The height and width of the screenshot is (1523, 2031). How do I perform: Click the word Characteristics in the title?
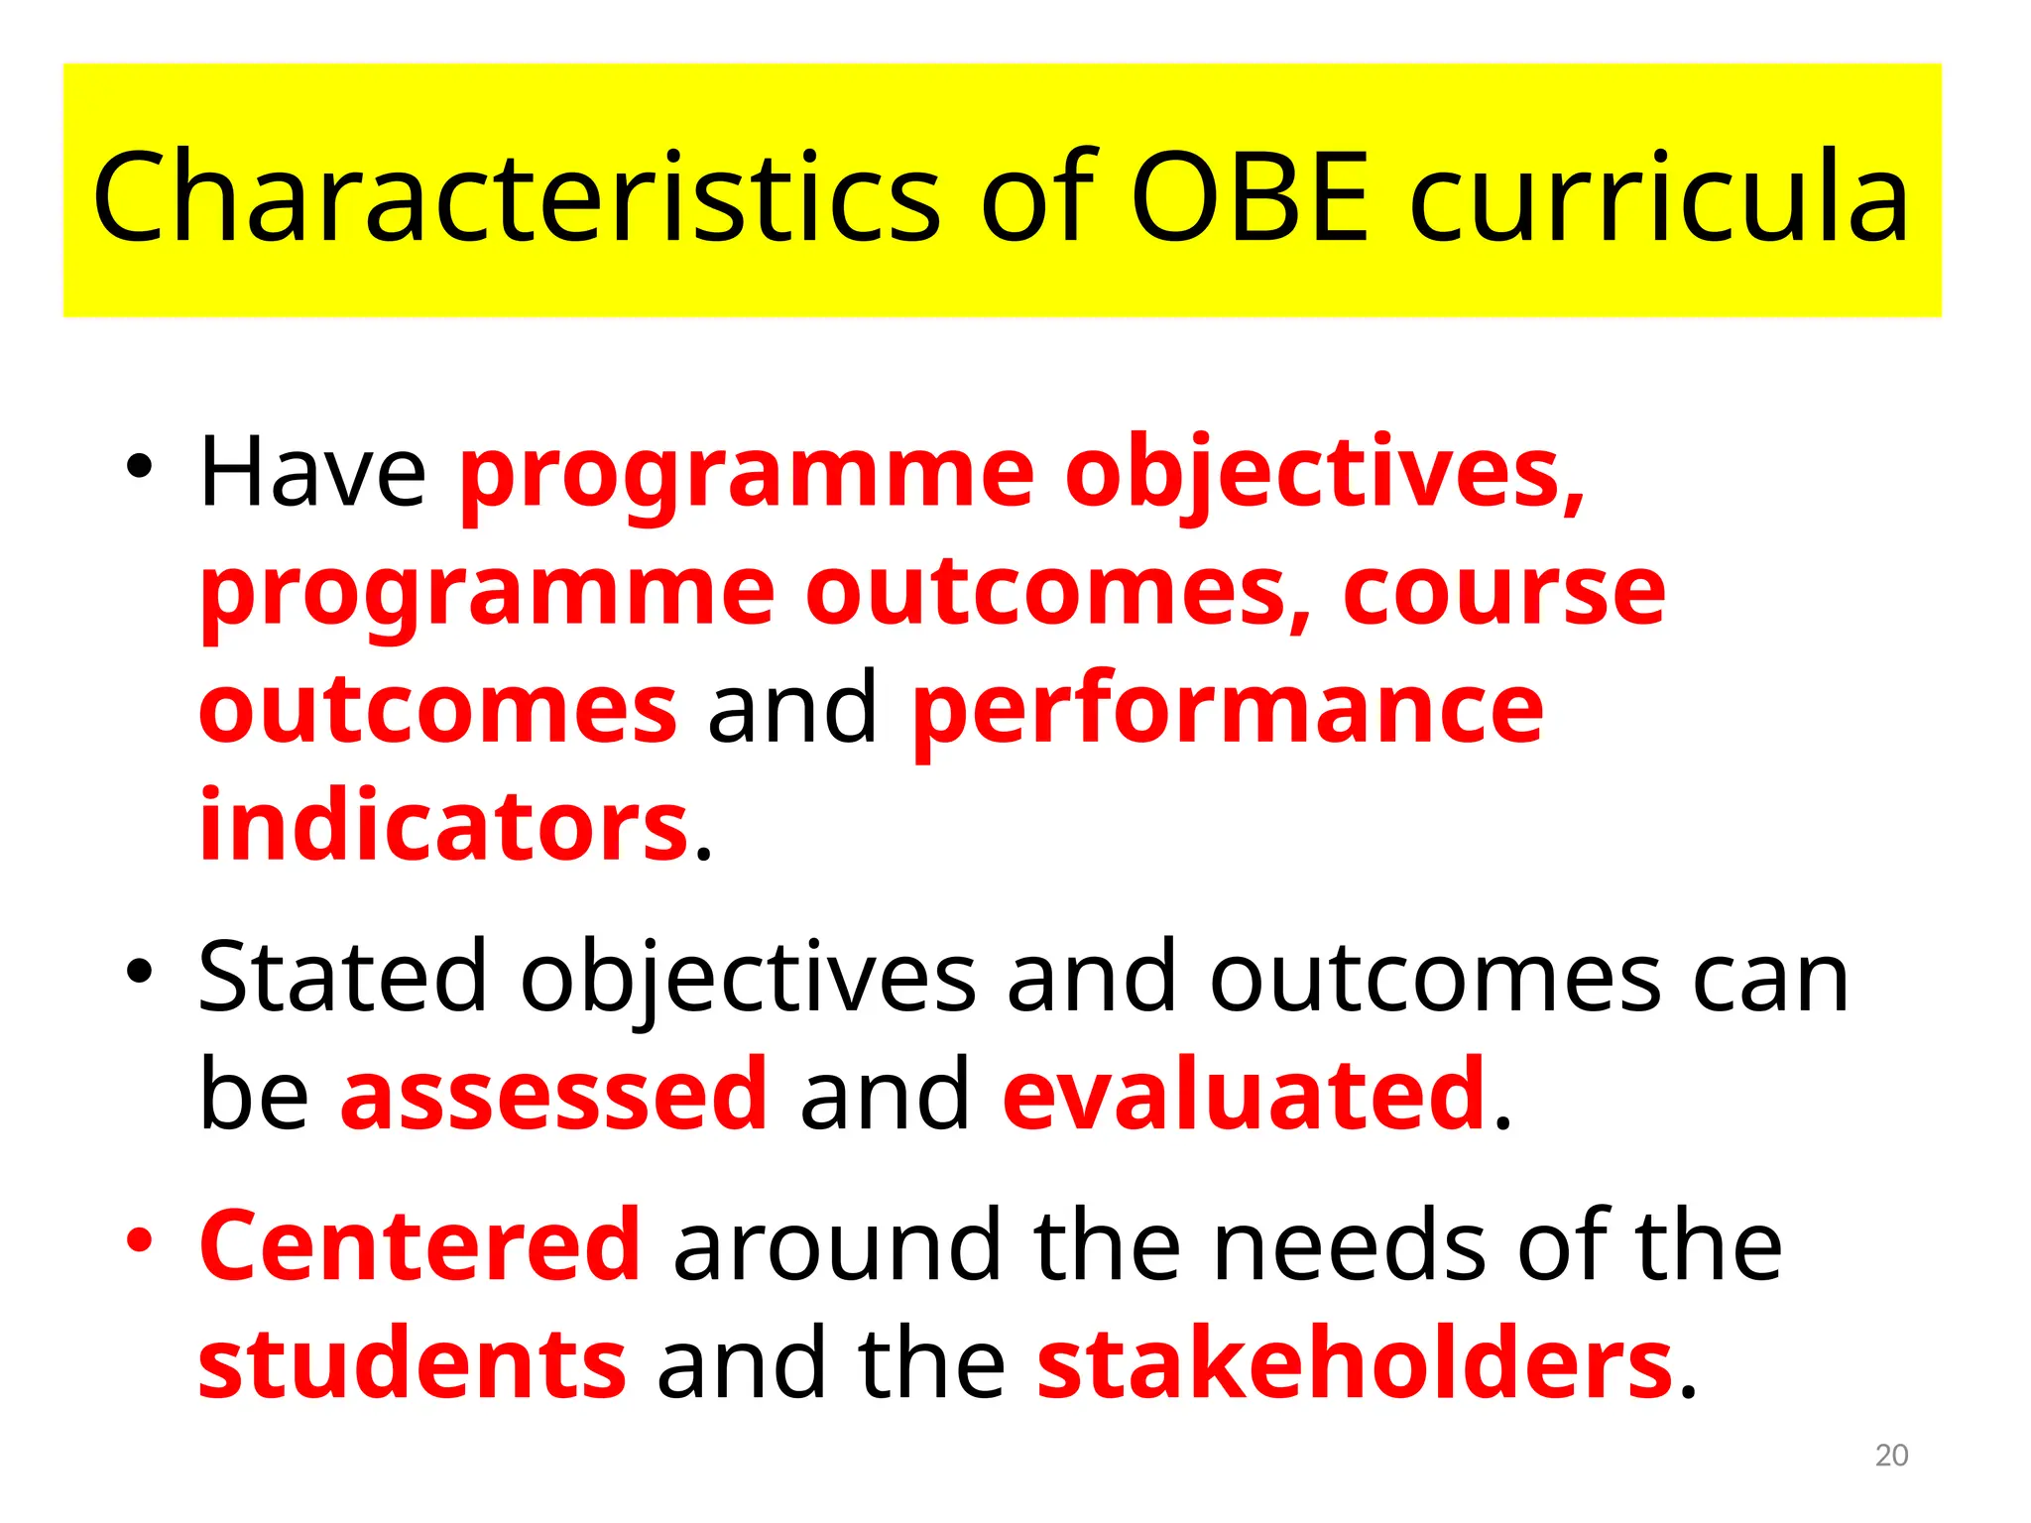point(516,196)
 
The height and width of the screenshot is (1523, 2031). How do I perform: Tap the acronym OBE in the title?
point(1251,196)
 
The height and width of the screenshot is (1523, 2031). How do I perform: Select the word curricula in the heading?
point(1658,196)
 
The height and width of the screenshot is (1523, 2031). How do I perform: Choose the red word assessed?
point(554,1095)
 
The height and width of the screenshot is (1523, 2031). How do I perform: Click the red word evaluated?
point(1245,1095)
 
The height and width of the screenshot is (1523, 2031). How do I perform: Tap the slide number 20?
point(1891,1456)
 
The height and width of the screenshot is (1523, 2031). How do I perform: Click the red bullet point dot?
point(140,1239)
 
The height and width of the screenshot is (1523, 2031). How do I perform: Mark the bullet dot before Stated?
point(140,972)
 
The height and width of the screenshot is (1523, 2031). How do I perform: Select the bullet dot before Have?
point(140,465)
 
